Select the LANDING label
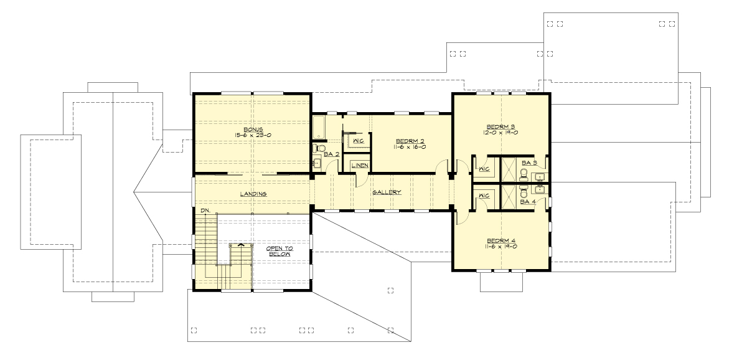253,194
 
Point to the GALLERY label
387,192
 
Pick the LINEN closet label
359,165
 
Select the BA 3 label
530,163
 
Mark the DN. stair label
205,211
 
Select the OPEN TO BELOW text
280,251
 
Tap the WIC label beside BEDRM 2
358,141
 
